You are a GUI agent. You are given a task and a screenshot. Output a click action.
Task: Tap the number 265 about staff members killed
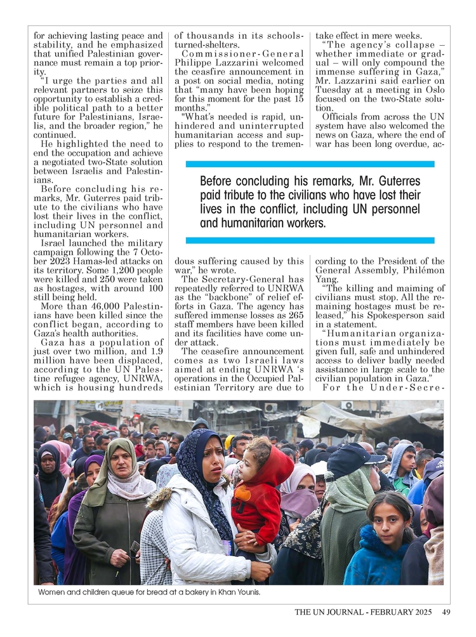coord(294,315)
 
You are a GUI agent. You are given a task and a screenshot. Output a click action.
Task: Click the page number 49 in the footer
coord(446,612)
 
